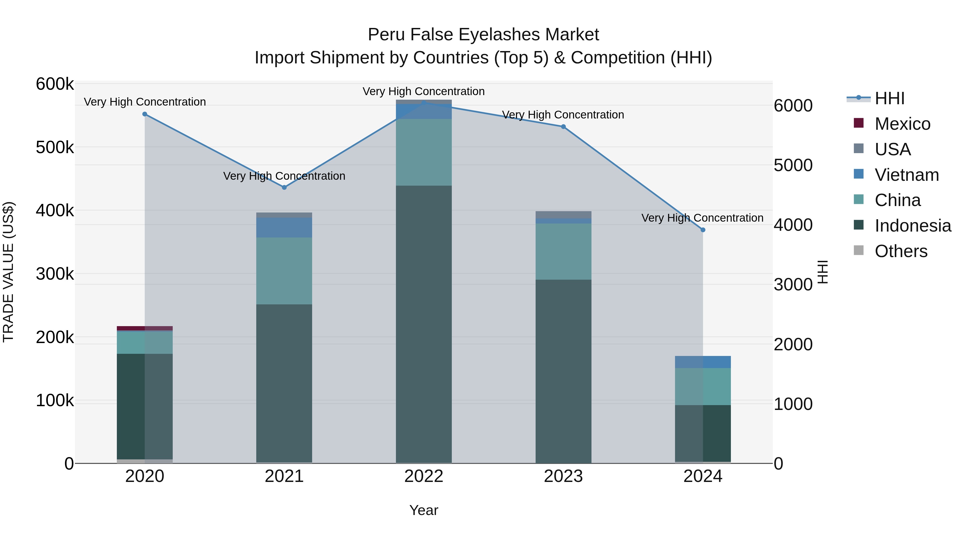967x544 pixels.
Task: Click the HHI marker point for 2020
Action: [145, 114]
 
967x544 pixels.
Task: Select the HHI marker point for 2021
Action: [284, 187]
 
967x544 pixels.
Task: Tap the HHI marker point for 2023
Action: [563, 127]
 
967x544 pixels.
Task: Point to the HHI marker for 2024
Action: [703, 230]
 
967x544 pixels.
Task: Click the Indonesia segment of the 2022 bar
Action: [424, 323]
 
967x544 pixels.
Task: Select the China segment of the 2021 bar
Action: [284, 271]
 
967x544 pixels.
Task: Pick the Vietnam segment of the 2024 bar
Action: [703, 362]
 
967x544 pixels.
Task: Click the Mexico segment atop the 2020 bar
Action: [145, 329]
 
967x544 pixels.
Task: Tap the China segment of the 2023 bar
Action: [563, 251]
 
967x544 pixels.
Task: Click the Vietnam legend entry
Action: [907, 175]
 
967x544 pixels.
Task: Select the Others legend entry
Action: [901, 251]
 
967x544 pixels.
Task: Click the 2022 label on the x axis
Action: [424, 476]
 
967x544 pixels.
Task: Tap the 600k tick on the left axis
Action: [55, 84]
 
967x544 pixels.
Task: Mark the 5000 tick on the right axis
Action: [793, 165]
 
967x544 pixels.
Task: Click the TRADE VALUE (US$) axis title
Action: [8, 272]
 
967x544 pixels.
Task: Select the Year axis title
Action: [424, 510]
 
